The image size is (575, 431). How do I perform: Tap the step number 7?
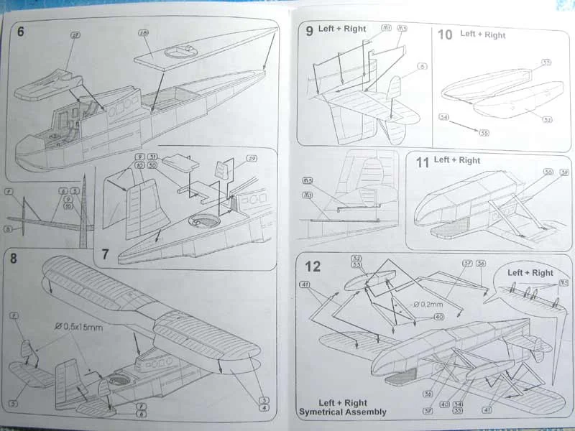click(x=105, y=254)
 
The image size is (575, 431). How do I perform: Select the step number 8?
click(x=13, y=258)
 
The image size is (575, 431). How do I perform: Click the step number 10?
click(x=445, y=34)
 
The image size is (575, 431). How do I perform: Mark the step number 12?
click(x=313, y=267)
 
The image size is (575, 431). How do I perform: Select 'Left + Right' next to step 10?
click(x=483, y=34)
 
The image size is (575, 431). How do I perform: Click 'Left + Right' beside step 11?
click(x=457, y=160)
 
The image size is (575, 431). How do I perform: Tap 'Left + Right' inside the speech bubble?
click(x=530, y=273)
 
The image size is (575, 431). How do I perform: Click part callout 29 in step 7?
click(x=252, y=159)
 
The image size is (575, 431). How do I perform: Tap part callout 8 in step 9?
click(x=424, y=66)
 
